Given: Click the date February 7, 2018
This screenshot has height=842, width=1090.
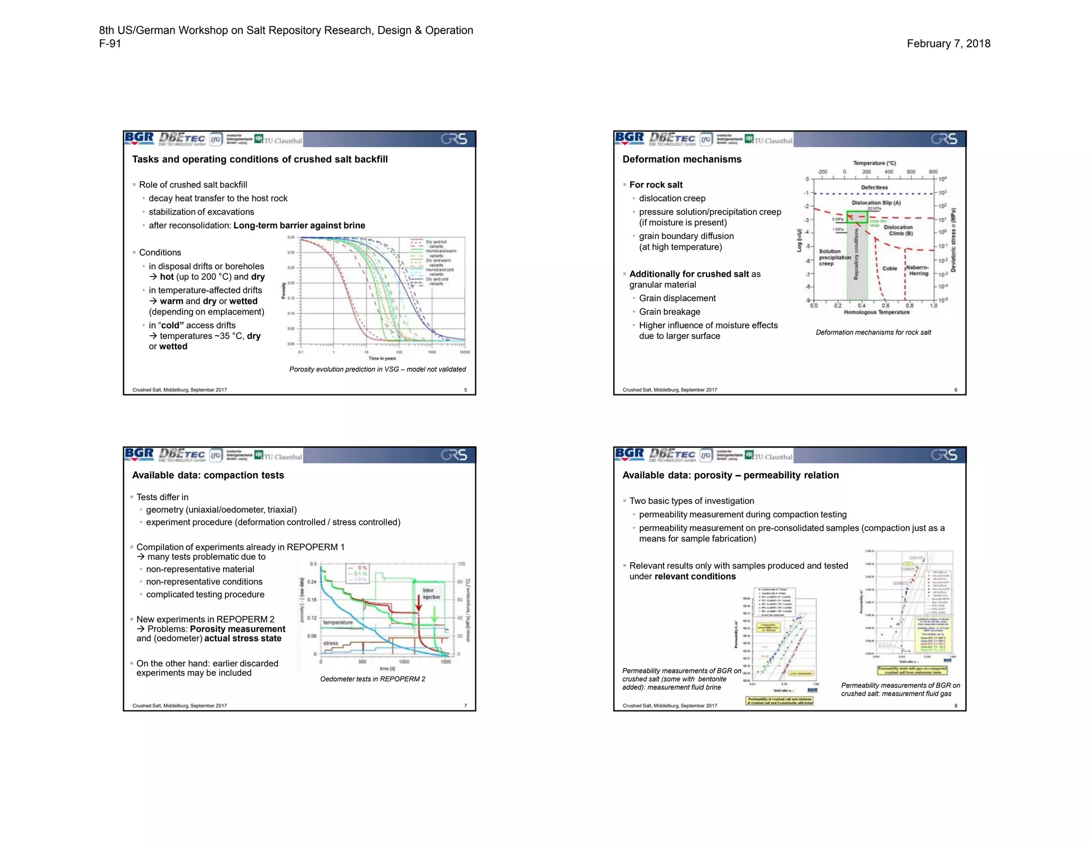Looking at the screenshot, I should coord(948,44).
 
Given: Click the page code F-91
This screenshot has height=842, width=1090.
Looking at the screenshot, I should coord(110,44).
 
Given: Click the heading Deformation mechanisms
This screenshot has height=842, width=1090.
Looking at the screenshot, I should coord(681,159).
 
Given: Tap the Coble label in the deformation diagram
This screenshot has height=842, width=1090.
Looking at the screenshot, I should coord(889,268).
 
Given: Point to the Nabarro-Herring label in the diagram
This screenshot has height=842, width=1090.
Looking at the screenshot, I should coord(918,270).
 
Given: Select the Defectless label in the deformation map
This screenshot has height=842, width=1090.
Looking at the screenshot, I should coord(874,187).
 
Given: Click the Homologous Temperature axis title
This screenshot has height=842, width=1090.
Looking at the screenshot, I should coord(876,312).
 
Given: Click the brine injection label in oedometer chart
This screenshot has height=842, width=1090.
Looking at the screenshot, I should coord(431,593).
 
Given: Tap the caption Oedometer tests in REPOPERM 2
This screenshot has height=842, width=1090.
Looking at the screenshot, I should coord(372,679).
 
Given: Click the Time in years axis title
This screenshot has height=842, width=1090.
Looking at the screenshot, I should coord(382,358).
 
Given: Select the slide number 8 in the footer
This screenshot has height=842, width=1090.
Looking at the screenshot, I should coord(955,706).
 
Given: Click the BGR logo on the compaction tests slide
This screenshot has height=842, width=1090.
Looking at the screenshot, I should coord(139,454).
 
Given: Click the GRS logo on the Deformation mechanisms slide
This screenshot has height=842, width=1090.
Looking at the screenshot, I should coord(944,139).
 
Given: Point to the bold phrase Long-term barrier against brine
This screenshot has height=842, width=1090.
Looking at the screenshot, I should coord(299,225).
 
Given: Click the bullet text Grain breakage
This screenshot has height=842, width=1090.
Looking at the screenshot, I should coord(669,311).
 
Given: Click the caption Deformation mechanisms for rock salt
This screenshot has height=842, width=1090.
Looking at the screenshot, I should coord(873,332).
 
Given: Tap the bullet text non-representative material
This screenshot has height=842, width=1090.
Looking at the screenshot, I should coord(200,569).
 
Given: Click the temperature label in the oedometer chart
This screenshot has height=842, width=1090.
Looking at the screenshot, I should coord(337,622).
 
